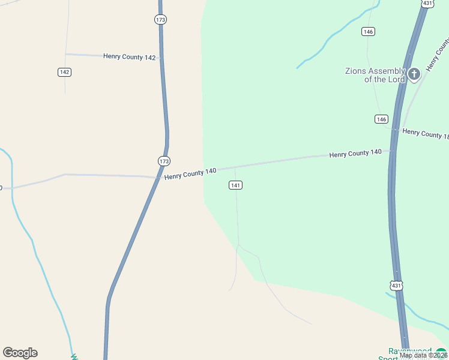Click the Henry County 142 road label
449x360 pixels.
click(x=130, y=57)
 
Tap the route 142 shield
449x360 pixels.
click(x=65, y=72)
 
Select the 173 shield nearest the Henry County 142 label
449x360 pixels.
click(x=160, y=20)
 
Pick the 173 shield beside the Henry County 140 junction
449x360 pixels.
click(x=164, y=161)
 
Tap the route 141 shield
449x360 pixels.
click(x=235, y=185)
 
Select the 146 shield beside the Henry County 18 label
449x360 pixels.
click(x=381, y=119)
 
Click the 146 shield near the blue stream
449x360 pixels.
click(x=369, y=31)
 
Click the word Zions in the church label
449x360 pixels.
click(x=356, y=71)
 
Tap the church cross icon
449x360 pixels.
click(x=414, y=74)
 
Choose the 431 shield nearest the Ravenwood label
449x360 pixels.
click(x=396, y=286)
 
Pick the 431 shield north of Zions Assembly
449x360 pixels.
click(x=427, y=4)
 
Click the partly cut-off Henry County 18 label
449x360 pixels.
click(x=425, y=134)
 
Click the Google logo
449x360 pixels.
click(x=20, y=353)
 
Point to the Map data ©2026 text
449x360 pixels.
click(x=423, y=355)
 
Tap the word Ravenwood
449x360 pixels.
click(x=410, y=351)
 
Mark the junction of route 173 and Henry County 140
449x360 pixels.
click(x=159, y=177)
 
